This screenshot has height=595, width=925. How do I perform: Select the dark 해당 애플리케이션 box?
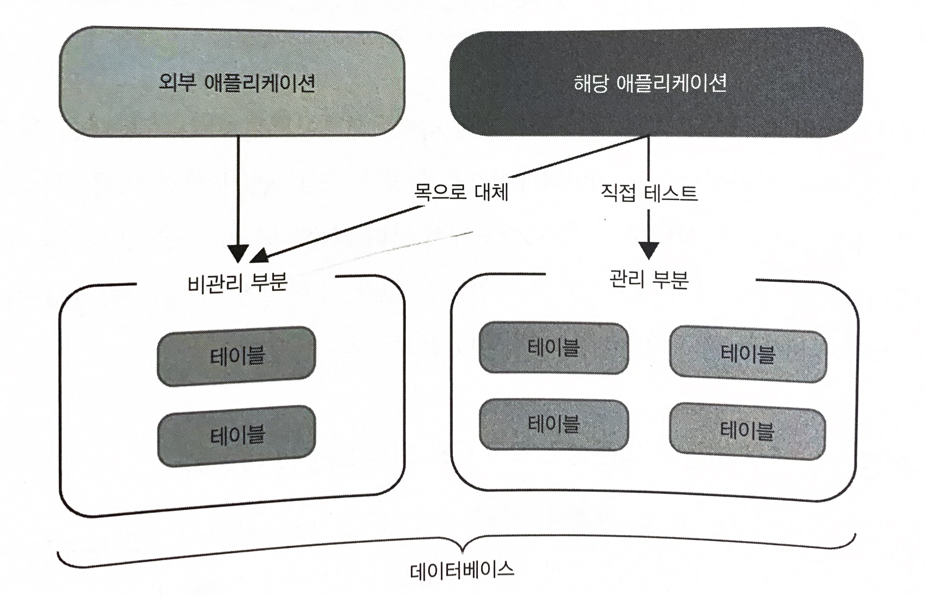(x=656, y=82)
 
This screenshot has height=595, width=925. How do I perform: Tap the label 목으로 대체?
(x=461, y=191)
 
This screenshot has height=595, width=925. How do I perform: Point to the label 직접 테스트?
(x=649, y=193)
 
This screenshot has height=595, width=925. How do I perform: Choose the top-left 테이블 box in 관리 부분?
(x=554, y=348)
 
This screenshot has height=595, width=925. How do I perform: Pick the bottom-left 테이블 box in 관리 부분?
(x=554, y=425)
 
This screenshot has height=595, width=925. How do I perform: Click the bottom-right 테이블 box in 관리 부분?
(x=747, y=431)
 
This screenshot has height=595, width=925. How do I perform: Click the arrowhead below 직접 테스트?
(x=649, y=250)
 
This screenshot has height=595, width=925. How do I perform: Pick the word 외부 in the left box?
(x=176, y=82)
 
